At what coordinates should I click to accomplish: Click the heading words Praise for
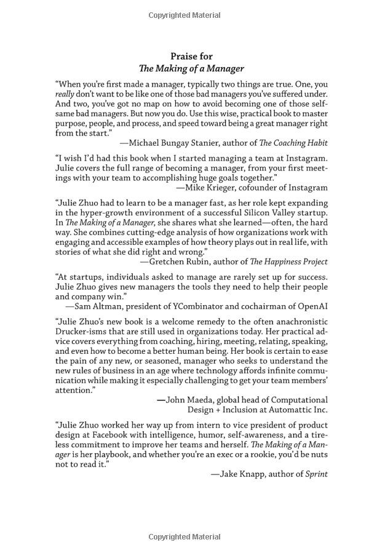tap(191, 56)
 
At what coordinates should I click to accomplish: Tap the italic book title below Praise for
tap(191, 69)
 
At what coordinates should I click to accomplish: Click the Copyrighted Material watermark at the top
tap(184, 15)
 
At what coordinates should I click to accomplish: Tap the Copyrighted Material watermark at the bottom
tap(184, 537)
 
